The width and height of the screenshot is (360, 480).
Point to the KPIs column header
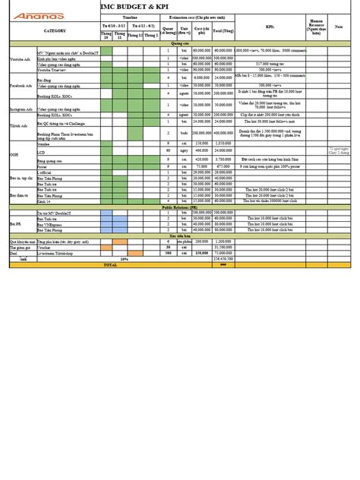point(270,24)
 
